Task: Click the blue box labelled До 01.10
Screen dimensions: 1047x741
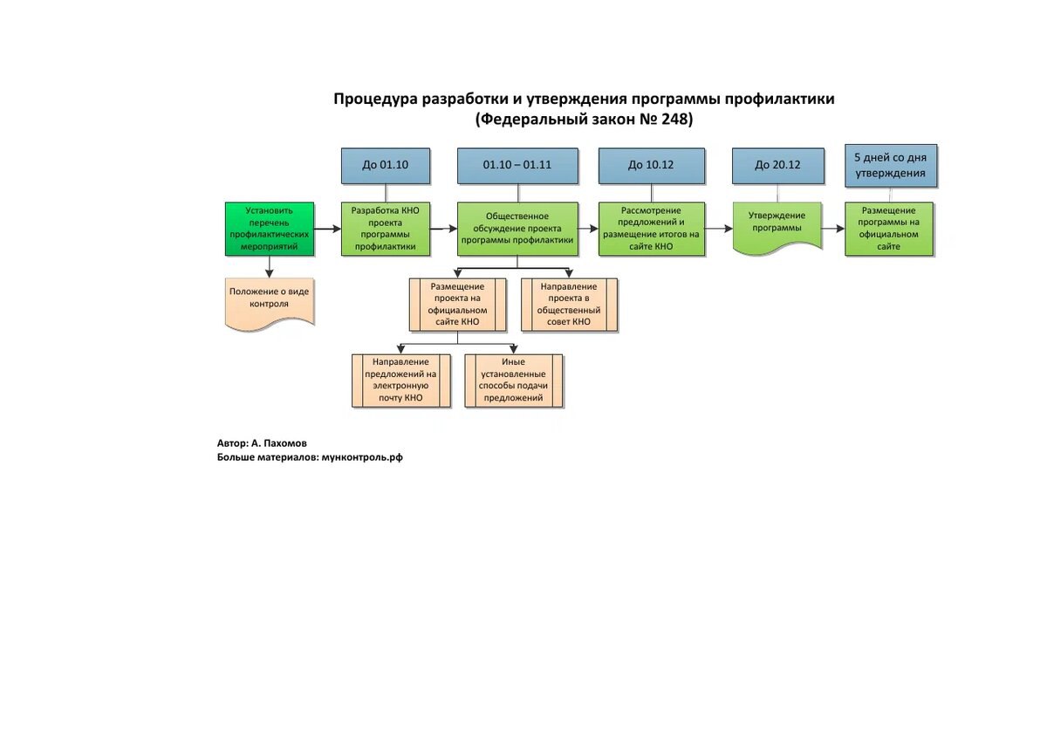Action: tap(386, 166)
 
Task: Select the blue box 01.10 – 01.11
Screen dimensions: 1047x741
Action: tap(517, 166)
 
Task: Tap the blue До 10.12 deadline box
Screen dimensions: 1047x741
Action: tap(652, 166)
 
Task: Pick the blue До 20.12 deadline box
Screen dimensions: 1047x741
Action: tap(778, 166)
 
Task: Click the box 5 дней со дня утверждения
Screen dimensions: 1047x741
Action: tap(891, 166)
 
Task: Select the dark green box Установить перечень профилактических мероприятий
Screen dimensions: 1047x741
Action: tap(270, 229)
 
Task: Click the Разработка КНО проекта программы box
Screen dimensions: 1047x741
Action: tap(386, 229)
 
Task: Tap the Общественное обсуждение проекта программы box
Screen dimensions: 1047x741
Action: tap(517, 229)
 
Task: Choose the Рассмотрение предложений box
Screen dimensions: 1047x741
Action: tap(652, 229)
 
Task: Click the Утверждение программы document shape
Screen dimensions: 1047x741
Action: tap(777, 228)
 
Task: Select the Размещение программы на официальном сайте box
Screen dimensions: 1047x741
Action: tap(889, 229)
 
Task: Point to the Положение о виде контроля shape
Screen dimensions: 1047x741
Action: tap(270, 304)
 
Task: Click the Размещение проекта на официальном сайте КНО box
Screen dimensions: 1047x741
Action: tap(457, 305)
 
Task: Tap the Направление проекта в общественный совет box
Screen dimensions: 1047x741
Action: tap(569, 305)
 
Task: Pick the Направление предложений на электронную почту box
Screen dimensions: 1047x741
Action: tap(401, 381)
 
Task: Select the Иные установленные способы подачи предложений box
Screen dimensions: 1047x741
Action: tap(514, 381)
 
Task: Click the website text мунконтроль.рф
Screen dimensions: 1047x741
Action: tap(362, 457)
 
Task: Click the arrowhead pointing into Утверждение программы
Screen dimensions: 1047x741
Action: tap(729, 229)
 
